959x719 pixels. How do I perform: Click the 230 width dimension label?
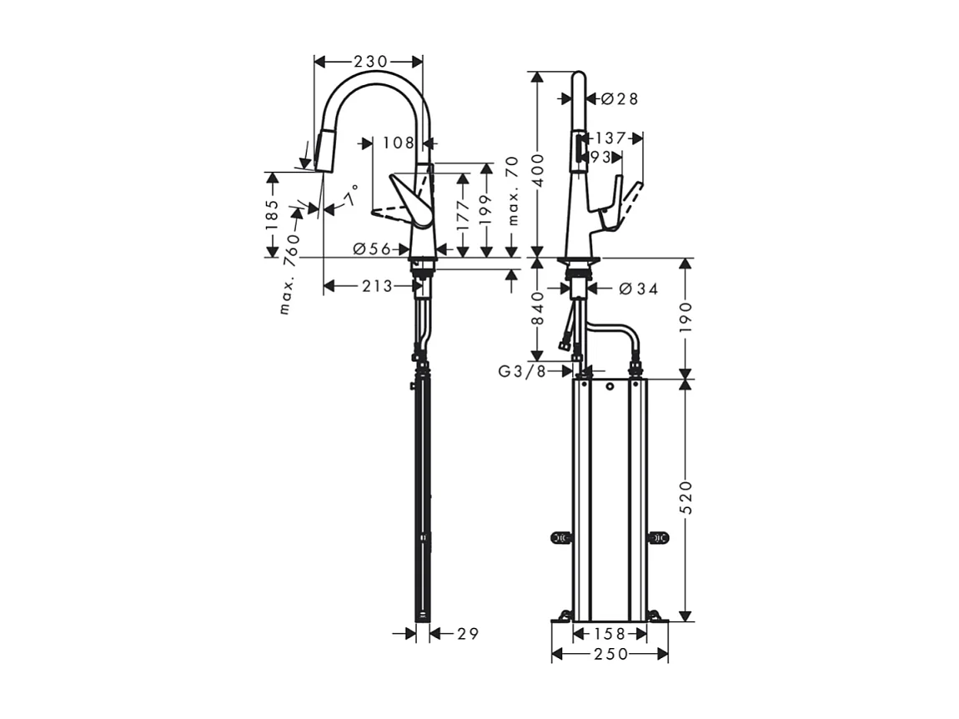pos(370,61)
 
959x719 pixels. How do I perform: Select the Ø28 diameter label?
pos(619,98)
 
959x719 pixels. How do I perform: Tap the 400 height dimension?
pos(540,170)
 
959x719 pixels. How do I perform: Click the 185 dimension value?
pos(271,214)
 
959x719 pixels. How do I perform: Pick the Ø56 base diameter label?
pos(372,249)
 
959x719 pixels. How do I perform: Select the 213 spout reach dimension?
pos(377,286)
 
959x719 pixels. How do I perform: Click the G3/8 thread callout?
pos(523,371)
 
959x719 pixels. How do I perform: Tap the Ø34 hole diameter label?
pos(639,289)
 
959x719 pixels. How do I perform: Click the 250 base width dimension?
pos(610,655)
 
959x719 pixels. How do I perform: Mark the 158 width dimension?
pos(610,634)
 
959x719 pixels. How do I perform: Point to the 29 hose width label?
pos(468,634)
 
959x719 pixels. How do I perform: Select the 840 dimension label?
pos(540,308)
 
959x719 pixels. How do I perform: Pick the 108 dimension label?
pos(399,143)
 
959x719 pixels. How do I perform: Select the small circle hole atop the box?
pos(610,387)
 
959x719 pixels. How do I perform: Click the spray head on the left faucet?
pos(324,151)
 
